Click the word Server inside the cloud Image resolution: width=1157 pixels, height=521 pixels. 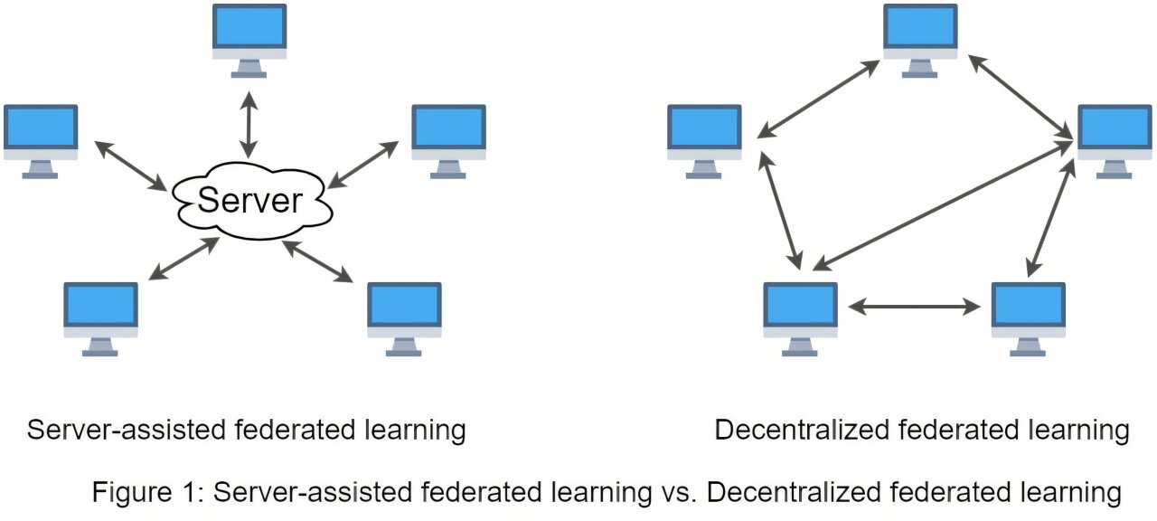249,200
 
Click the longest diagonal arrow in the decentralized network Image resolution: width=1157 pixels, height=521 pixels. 941,206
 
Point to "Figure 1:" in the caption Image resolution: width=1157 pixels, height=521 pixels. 146,493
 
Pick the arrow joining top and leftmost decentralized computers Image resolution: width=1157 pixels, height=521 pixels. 818,100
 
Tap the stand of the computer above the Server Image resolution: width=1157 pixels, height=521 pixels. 249,70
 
